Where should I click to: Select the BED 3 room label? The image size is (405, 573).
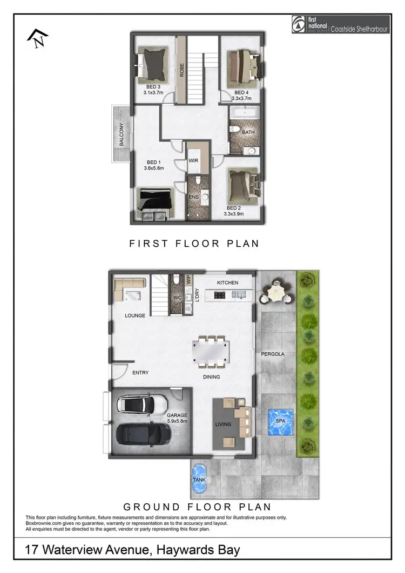(153, 86)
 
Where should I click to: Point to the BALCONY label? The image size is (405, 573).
(122, 135)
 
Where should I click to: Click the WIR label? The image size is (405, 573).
(194, 161)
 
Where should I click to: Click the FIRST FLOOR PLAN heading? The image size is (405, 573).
(194, 244)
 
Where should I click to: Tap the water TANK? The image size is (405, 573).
(199, 478)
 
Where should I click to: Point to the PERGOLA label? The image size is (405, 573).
(273, 354)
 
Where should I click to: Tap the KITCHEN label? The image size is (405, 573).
(227, 283)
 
